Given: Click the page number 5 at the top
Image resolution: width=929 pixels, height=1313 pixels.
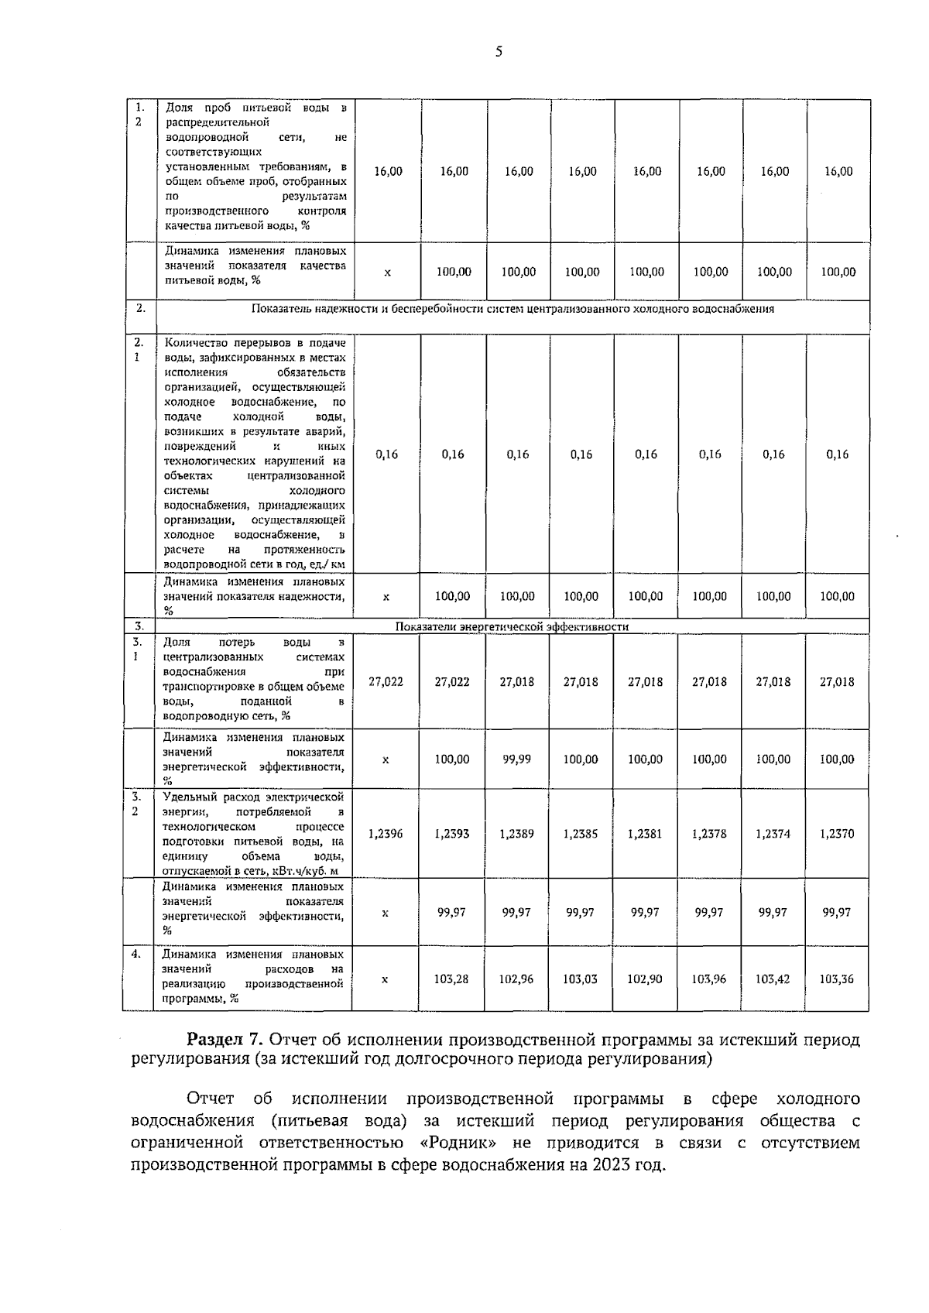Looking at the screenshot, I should (498, 52).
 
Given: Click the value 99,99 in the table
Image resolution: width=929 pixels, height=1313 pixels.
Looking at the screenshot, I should (516, 759).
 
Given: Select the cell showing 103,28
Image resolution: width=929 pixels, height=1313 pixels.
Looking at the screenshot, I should (451, 979).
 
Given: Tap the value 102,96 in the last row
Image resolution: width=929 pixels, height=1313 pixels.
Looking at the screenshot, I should (516, 979).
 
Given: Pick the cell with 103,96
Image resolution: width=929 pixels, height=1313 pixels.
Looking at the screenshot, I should (709, 979).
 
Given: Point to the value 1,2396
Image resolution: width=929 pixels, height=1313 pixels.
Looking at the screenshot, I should (386, 834).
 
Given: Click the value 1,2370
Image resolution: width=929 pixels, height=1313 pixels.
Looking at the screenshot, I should (837, 834).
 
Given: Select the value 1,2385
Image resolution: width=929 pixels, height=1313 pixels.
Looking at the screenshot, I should (581, 834).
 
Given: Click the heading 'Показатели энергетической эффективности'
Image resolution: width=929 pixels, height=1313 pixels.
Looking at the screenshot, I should (512, 626).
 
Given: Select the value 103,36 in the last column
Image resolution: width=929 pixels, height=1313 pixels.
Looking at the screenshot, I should (837, 979).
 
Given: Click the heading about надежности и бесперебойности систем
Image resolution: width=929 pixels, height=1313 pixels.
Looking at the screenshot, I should (512, 309).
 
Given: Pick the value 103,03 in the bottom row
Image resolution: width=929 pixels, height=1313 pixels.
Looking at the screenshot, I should (581, 979).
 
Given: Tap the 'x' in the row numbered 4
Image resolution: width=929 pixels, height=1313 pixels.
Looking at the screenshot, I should (386, 979).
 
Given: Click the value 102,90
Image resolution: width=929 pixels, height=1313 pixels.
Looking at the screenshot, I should (645, 979).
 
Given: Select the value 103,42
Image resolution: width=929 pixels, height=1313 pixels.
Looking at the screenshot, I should (773, 979).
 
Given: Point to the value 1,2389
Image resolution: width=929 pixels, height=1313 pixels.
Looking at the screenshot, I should (516, 834).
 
